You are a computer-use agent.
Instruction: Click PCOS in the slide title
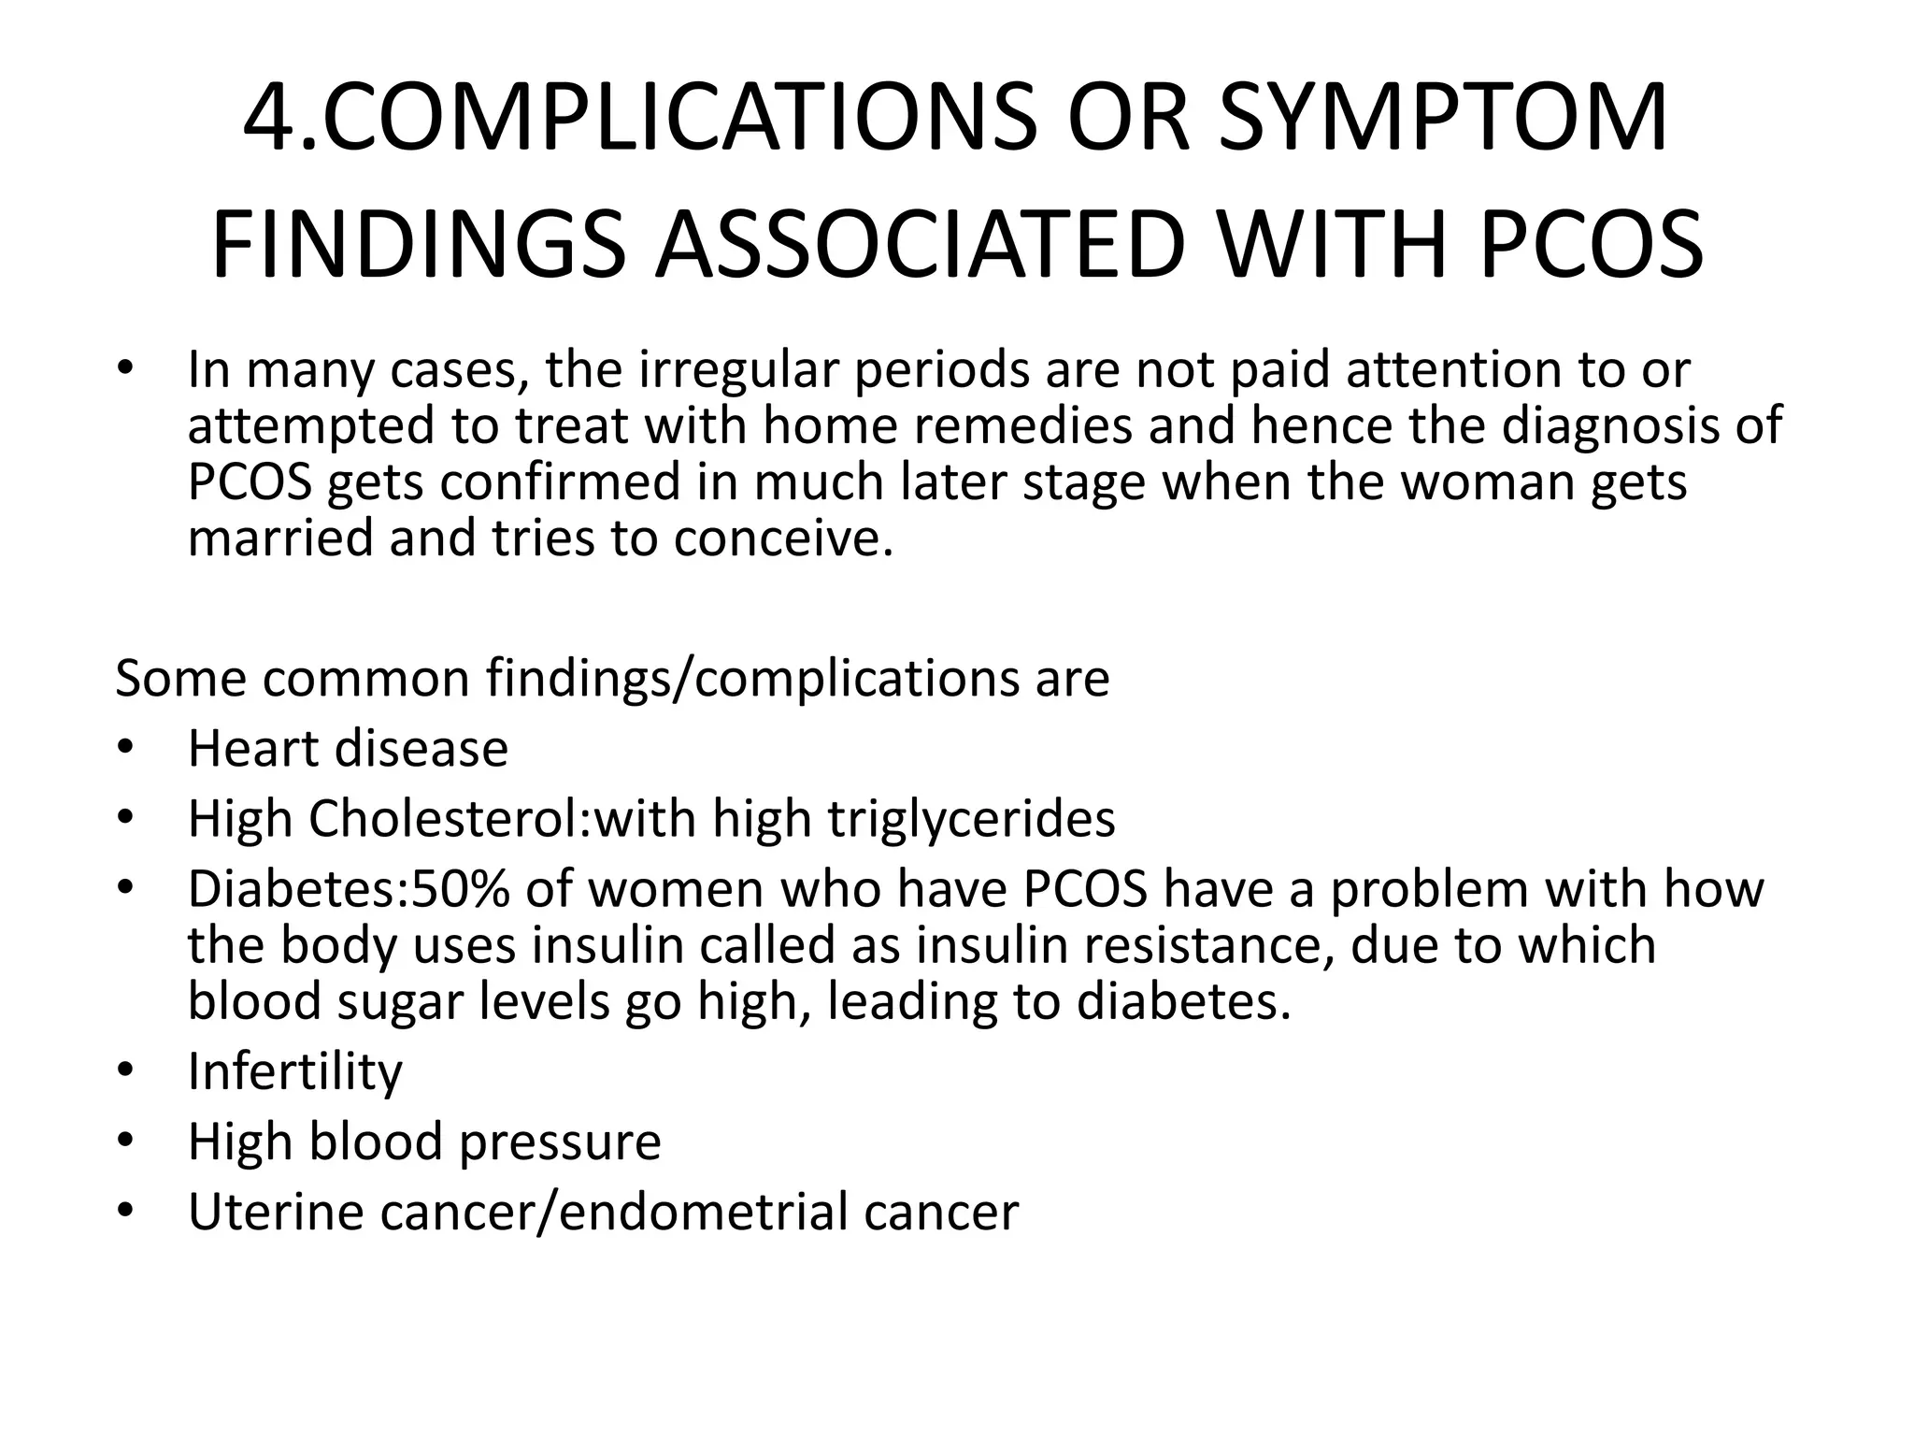click(1591, 245)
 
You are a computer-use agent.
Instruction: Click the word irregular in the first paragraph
click(738, 370)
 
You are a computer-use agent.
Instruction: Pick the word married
click(280, 538)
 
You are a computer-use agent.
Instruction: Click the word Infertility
click(295, 1071)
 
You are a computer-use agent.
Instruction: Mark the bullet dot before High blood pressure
click(126, 1142)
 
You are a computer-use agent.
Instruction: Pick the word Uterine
click(276, 1212)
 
